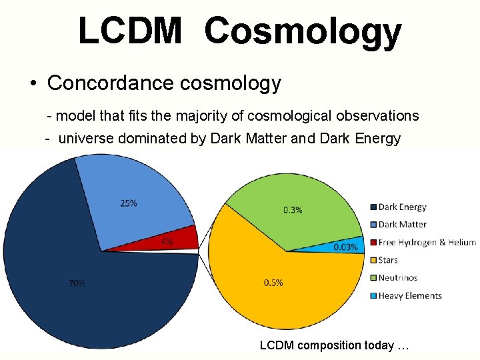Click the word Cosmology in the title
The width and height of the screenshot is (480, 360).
coord(303,32)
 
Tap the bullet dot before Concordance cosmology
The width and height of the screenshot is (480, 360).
coord(33,84)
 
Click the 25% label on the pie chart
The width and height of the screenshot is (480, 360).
coord(129,203)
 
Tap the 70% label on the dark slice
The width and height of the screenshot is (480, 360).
coord(77,283)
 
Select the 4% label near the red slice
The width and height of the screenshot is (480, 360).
coord(167,242)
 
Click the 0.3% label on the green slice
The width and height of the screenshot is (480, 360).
coord(293,209)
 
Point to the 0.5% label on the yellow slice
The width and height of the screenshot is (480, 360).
coord(273,283)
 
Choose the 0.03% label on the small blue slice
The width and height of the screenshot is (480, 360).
coord(345,247)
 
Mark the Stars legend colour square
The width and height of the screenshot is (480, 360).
coord(374,260)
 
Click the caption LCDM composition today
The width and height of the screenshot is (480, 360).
coord(333,345)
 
